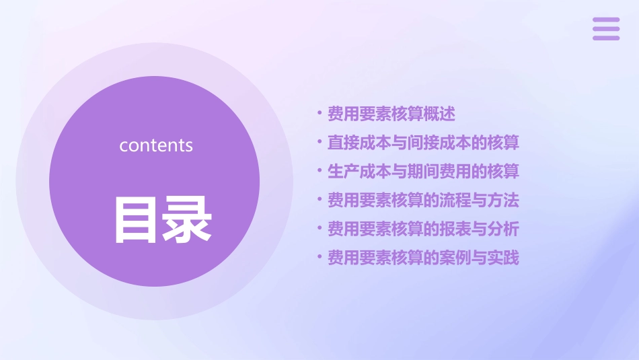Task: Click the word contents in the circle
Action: pyautogui.click(x=156, y=145)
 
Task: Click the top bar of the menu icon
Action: pyautogui.click(x=606, y=20)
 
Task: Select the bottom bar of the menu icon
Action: pyautogui.click(x=606, y=38)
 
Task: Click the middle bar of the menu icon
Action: pyautogui.click(x=606, y=29)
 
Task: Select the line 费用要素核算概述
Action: pyautogui.click(x=391, y=114)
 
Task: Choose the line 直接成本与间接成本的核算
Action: pyautogui.click(x=423, y=143)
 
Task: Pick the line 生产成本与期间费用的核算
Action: pyautogui.click(x=423, y=172)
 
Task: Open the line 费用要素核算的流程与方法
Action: pyautogui.click(x=423, y=201)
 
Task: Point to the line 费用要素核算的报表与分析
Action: pyautogui.click(x=423, y=229)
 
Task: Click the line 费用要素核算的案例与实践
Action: pyautogui.click(x=423, y=258)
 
